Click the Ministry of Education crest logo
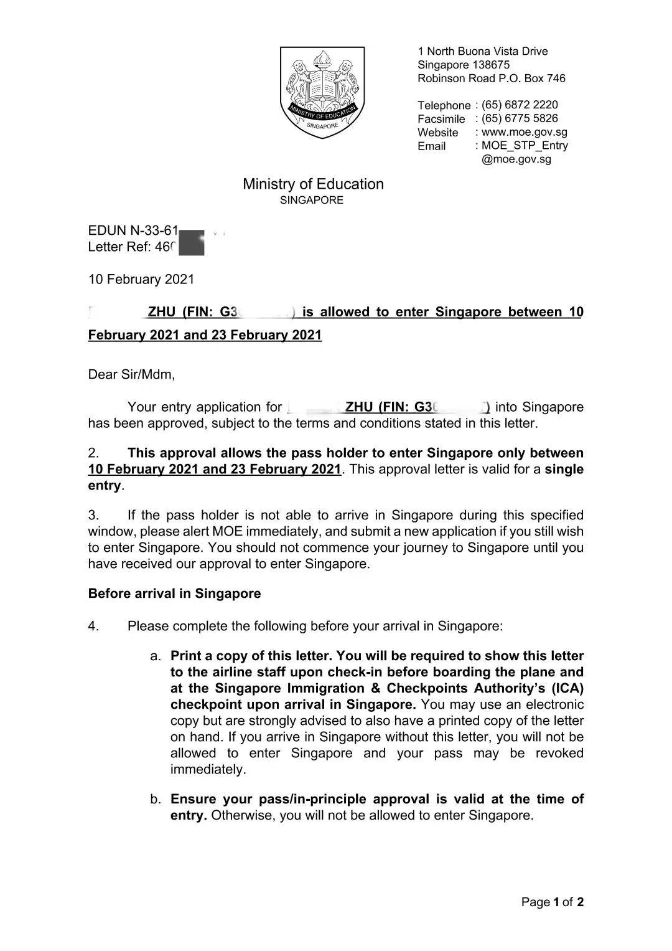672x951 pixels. [322, 92]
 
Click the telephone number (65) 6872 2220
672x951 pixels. [520, 105]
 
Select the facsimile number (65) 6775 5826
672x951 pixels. [520, 118]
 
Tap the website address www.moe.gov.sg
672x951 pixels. [524, 132]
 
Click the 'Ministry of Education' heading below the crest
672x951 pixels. [313, 184]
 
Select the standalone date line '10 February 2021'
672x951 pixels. [141, 279]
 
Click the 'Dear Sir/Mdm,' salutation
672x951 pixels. [131, 374]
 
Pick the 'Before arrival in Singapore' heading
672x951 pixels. [174, 594]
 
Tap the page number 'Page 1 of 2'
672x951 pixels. [552, 902]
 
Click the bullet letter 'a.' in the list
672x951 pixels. [156, 656]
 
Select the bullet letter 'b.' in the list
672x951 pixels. [156, 799]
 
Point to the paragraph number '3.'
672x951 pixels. [94, 515]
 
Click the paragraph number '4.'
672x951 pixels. [94, 626]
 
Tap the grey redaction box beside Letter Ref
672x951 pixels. [191, 243]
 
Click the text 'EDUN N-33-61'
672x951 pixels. [133, 230]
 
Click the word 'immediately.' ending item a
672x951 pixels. [208, 769]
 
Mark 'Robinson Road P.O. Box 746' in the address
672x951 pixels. [491, 78]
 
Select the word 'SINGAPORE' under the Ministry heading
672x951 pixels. [311, 201]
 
